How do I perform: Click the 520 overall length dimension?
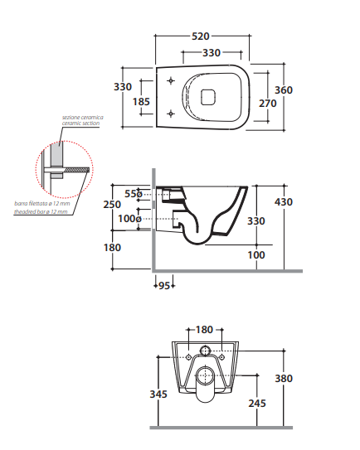point(201,36)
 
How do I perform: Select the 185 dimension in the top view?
point(141,102)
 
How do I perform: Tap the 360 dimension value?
point(284,90)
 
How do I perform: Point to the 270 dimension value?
point(268,104)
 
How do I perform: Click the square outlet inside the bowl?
point(207,97)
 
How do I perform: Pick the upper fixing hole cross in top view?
point(171,80)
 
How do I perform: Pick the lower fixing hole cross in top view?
point(171,114)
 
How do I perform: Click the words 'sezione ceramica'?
point(83,118)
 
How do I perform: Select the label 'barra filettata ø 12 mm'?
point(42,204)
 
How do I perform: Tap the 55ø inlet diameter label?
point(134,194)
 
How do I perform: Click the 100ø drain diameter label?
point(130,219)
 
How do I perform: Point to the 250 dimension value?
point(112,205)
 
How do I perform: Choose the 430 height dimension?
point(284,202)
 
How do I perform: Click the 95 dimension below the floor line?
point(164,286)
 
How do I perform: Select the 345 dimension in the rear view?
point(158,394)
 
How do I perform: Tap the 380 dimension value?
point(284,378)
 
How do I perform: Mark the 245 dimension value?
point(257,404)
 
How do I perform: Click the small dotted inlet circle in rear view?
point(206,351)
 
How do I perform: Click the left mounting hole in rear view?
point(189,356)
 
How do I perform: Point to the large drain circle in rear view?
point(205,375)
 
